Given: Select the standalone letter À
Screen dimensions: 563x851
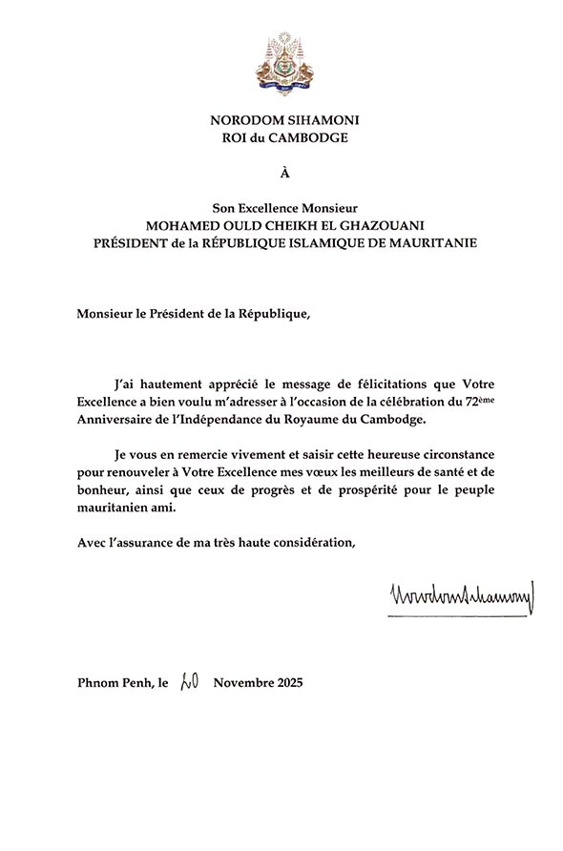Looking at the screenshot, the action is click(x=282, y=173).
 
